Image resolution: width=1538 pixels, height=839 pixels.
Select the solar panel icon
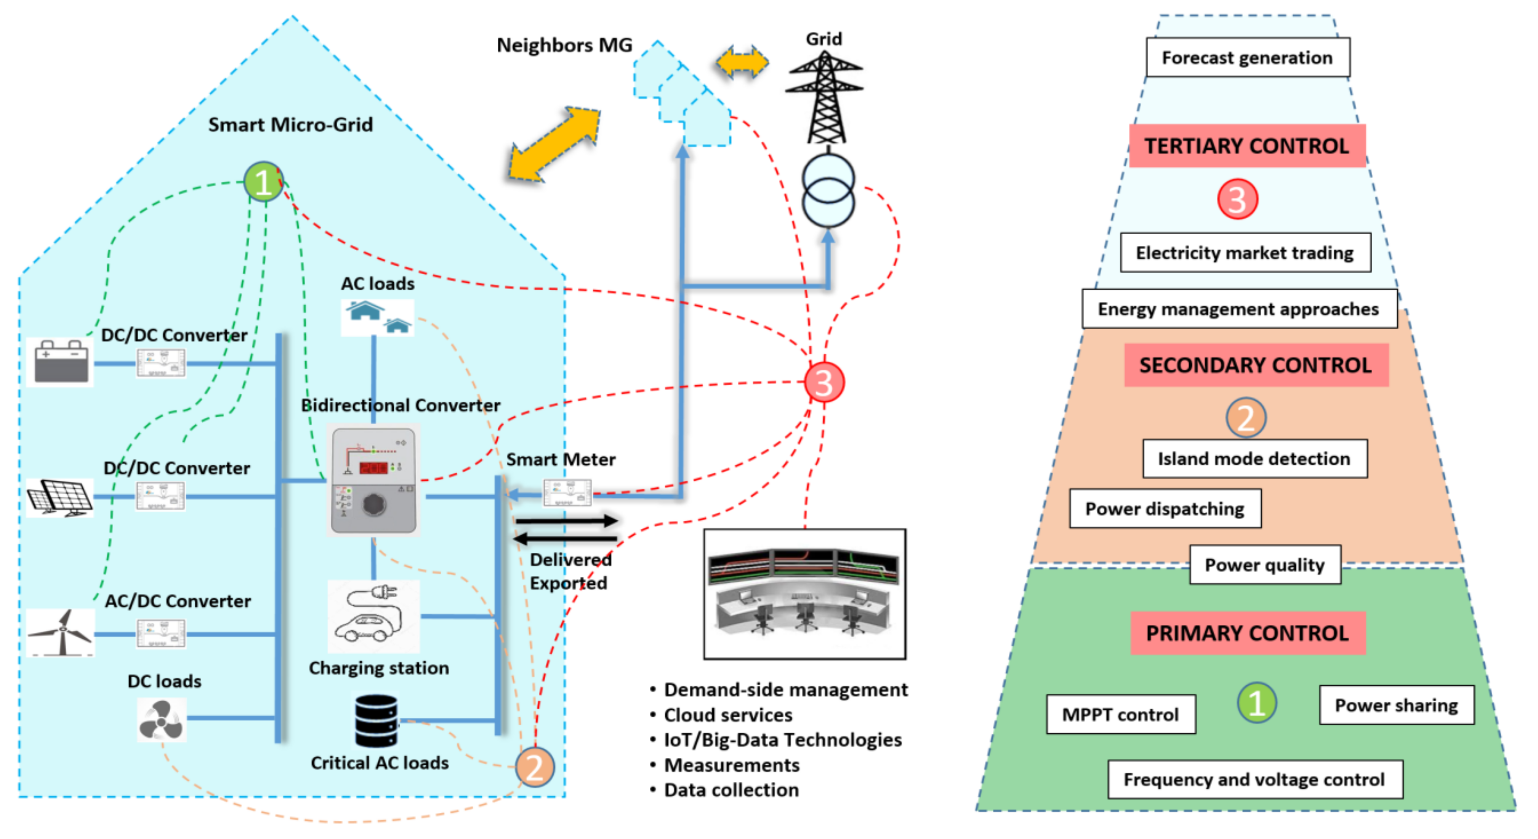60,497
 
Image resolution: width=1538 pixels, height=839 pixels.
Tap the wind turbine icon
61,632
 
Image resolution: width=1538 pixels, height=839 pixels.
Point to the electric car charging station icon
373,615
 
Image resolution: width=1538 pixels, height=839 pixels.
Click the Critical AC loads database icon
375,721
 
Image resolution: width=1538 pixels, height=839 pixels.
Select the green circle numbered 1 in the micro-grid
263,182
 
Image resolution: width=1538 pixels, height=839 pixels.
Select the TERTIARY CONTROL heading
1246,146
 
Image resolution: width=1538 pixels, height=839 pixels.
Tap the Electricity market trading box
1245,253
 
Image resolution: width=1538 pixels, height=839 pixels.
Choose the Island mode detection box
1254,459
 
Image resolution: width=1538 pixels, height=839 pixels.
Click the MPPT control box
1120,714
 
